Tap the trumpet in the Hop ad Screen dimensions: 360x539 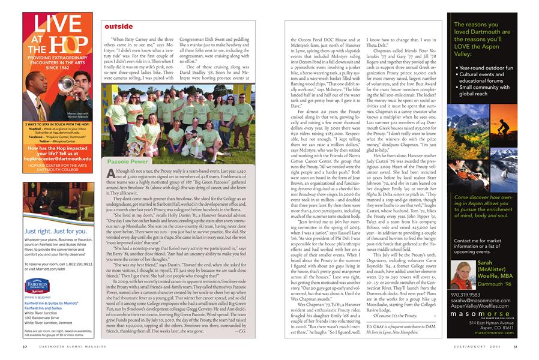point(76,84)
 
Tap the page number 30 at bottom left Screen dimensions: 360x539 point(24,346)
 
